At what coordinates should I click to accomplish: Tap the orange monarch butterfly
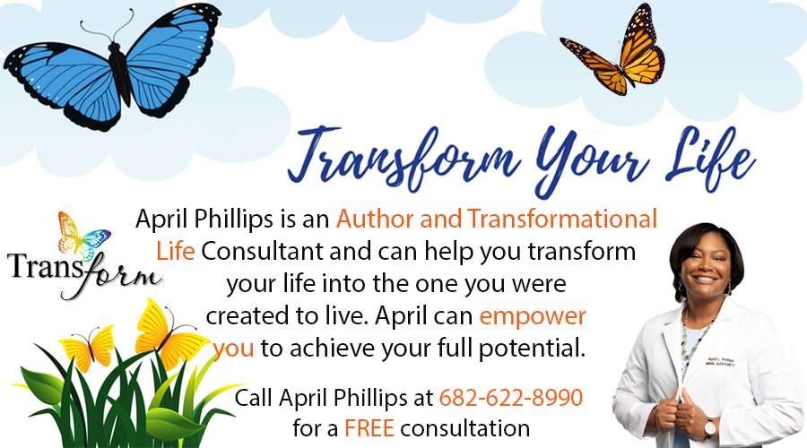click(x=615, y=52)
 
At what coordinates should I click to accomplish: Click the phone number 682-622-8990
click(x=511, y=396)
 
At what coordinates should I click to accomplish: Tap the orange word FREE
click(x=369, y=427)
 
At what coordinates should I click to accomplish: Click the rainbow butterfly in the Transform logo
click(x=83, y=236)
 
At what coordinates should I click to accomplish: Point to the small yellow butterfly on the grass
click(x=90, y=348)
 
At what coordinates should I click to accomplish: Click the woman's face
click(x=706, y=260)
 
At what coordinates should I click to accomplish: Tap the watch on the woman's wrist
click(x=711, y=429)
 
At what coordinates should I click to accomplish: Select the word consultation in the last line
click(x=466, y=427)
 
